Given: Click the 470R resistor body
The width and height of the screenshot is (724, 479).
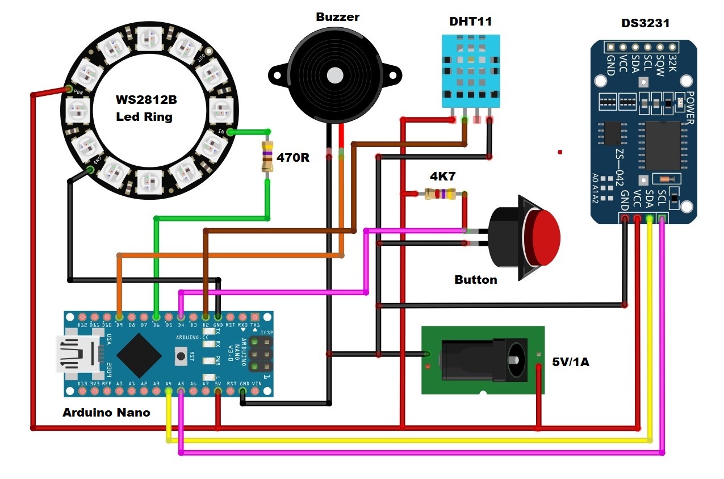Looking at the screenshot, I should click(267, 157).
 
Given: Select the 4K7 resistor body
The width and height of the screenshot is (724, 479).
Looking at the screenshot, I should click(440, 194).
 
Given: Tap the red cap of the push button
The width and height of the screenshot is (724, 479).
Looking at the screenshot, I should click(545, 237).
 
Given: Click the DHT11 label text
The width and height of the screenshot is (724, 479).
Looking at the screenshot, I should click(470, 22).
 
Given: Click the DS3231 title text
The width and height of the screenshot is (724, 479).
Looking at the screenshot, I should click(645, 23).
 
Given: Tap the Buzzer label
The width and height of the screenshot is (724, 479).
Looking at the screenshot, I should click(337, 17).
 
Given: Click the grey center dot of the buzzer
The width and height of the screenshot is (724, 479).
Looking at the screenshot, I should click(335, 75).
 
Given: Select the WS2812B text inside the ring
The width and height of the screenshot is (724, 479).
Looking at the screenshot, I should click(147, 100).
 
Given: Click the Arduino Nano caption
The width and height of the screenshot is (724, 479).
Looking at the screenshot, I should click(106, 413).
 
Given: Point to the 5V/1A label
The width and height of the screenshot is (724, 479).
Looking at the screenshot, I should click(571, 361).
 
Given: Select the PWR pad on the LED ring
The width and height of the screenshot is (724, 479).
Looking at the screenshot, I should click(69, 89).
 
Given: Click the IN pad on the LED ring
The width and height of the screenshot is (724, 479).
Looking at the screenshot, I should click(229, 132).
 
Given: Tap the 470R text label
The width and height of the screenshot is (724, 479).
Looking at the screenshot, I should click(293, 157).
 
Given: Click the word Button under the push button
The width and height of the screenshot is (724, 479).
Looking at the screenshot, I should click(475, 279).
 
